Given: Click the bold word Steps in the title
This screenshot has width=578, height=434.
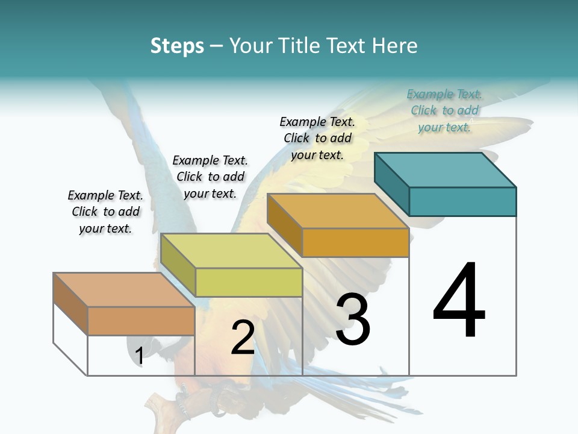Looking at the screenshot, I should click(x=177, y=46).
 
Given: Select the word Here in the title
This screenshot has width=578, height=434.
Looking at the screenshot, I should click(x=395, y=46).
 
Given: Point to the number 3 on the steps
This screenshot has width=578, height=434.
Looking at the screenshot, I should click(x=353, y=319).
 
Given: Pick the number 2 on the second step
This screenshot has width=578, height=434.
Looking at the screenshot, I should click(x=243, y=338).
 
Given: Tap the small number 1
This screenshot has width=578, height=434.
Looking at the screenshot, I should click(x=139, y=356).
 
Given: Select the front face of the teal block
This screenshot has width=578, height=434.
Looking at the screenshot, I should click(x=462, y=201).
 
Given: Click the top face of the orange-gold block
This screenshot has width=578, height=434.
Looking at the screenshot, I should click(x=338, y=211).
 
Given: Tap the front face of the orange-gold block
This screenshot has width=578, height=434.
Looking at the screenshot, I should click(x=355, y=243).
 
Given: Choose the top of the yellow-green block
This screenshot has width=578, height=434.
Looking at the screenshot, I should click(x=231, y=251).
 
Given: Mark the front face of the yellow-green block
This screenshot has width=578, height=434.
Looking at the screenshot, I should click(x=249, y=282).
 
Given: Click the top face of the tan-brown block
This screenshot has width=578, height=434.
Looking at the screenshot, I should click(x=123, y=290).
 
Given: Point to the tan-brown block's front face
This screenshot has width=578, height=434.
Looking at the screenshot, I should click(x=141, y=321).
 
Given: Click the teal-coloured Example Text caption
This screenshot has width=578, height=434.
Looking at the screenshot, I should click(x=444, y=110).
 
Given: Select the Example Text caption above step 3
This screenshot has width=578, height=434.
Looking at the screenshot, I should click(x=317, y=138).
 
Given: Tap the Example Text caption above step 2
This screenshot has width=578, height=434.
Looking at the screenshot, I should click(x=210, y=177).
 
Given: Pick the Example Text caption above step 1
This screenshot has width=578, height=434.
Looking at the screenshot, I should click(x=105, y=212).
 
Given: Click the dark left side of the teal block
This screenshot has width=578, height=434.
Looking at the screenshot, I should click(x=392, y=183).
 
